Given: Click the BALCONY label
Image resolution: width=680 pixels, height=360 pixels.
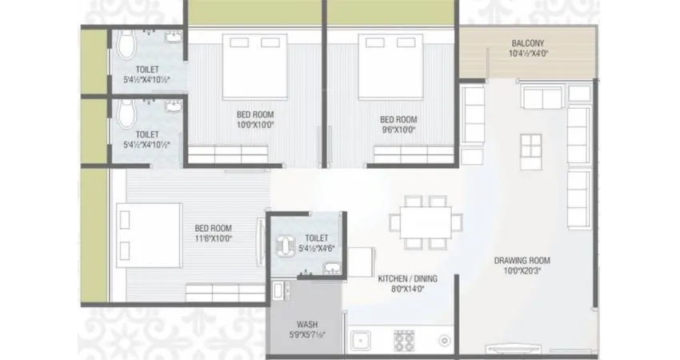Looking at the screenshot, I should (x=527, y=43).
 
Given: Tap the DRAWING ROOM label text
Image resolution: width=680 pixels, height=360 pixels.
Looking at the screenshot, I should (x=522, y=260).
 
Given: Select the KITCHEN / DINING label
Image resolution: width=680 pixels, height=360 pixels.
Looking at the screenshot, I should (x=407, y=278).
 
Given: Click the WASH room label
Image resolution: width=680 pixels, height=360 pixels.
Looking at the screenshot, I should (x=306, y=324).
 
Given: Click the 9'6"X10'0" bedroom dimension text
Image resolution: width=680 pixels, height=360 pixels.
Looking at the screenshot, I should (x=398, y=125).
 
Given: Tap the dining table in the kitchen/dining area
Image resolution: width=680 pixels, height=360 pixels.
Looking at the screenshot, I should (x=426, y=222).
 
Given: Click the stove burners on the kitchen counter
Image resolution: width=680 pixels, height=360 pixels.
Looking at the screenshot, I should (x=404, y=342).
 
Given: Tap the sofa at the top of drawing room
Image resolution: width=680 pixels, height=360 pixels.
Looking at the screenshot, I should (x=543, y=98).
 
